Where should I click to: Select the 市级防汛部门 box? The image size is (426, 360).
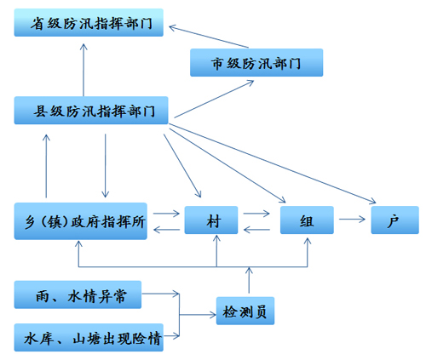pyautogui.click(x=256, y=62)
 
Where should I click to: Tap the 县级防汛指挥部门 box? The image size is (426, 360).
pyautogui.click(x=91, y=111)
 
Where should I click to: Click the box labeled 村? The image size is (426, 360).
pyautogui.click(x=212, y=220)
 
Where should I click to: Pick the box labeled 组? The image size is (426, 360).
pyautogui.click(x=305, y=220)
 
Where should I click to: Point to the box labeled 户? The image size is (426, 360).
pyautogui.click(x=394, y=220)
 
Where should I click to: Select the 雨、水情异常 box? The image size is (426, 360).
pyautogui.click(x=77, y=294)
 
